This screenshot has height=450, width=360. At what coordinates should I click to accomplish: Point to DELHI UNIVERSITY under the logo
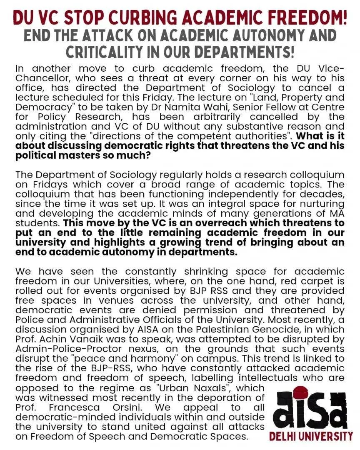311,436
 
